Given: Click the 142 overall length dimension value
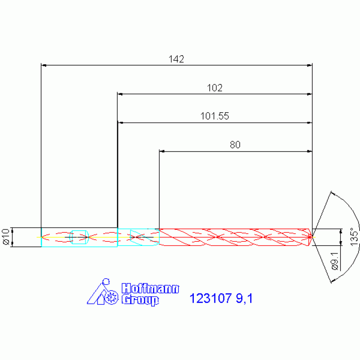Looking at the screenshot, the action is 176,59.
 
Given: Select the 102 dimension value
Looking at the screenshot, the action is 214,88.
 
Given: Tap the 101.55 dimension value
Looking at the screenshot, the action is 214,116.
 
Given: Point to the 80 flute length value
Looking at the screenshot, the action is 235,145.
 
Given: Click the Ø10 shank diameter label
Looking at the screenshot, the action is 6,237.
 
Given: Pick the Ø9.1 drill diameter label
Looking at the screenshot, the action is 335,260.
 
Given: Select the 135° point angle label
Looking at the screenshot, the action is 354,237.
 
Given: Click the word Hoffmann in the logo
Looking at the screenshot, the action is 150,288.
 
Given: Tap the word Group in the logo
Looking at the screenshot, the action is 140,299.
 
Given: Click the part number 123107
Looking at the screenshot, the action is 211,298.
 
